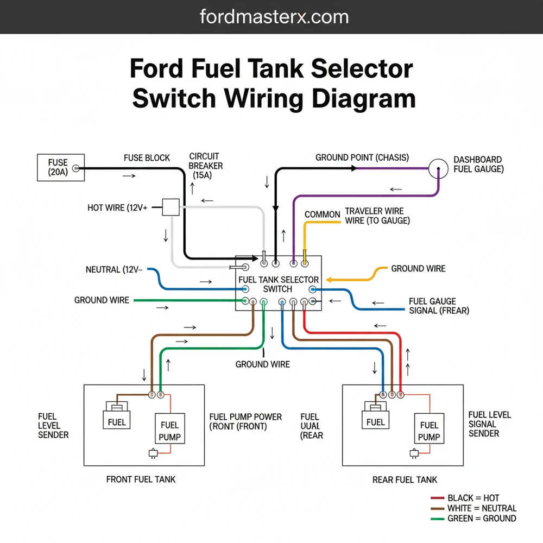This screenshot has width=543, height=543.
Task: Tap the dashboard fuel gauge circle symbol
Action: pyautogui.click(x=439, y=169)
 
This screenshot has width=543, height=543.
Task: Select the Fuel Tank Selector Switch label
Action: pyautogui.click(x=278, y=284)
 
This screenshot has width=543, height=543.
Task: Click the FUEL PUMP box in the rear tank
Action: pyautogui.click(x=429, y=431)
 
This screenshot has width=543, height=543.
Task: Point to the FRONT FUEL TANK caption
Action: pyautogui.click(x=141, y=479)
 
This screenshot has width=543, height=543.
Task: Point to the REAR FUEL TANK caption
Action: pyautogui.click(x=405, y=479)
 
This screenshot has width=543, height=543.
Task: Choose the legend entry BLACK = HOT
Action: pyautogui.click(x=472, y=498)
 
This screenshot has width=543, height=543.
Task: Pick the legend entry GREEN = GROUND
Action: pyautogui.click(x=481, y=519)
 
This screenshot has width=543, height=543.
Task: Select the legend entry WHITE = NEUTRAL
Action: pyautogui.click(x=481, y=508)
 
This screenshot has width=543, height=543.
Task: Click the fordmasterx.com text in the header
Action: pyautogui.click(x=274, y=17)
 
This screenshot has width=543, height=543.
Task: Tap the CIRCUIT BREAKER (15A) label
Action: pyautogui.click(x=206, y=166)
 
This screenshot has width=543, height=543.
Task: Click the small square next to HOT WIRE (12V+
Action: pyautogui.click(x=171, y=207)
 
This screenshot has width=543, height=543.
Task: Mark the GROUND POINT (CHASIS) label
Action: pyautogui.click(x=362, y=157)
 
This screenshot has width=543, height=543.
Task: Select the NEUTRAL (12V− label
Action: pyautogui.click(x=114, y=269)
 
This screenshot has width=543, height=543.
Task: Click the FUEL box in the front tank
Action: pyautogui.click(x=117, y=422)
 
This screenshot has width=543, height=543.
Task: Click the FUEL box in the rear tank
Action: pyautogui.click(x=375, y=422)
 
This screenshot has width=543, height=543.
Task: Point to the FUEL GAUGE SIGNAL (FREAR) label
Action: pyautogui.click(x=439, y=306)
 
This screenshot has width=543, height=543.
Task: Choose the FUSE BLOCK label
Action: pyautogui.click(x=147, y=158)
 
